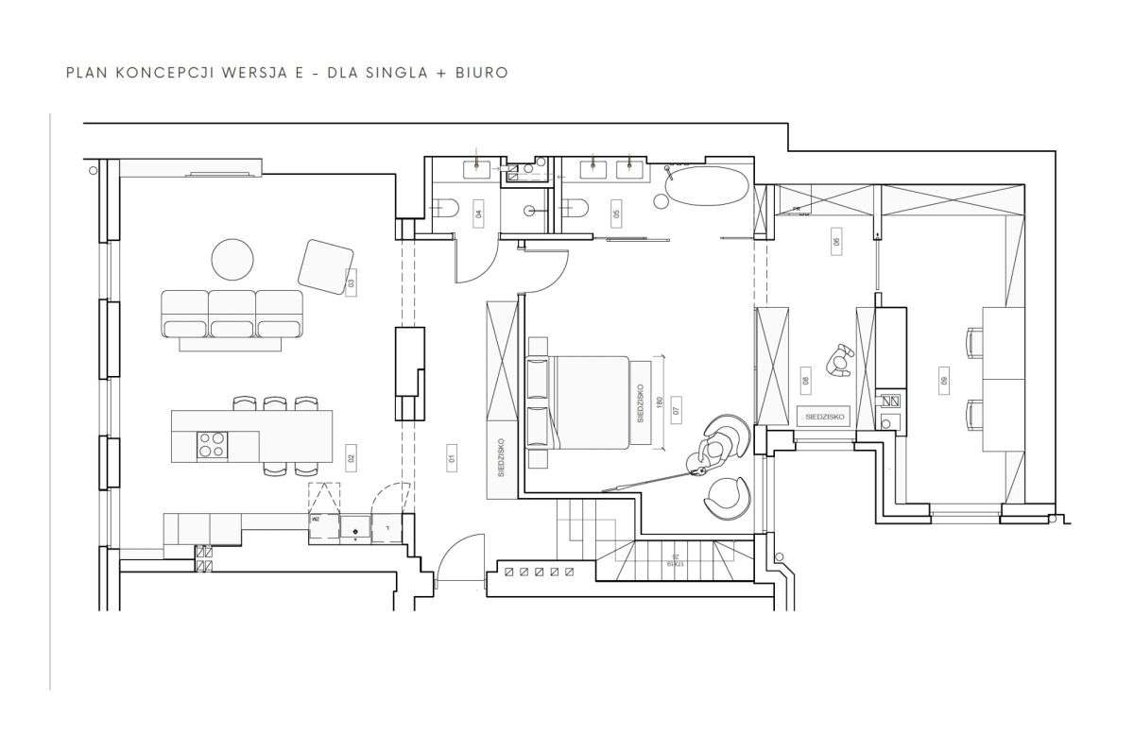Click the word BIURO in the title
pyautogui.click(x=483, y=72)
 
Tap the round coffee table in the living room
pyautogui.click(x=232, y=260)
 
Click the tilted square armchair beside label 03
pyautogui.click(x=326, y=264)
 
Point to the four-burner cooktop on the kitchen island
pyautogui.click(x=212, y=444)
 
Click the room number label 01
pyautogui.click(x=452, y=459)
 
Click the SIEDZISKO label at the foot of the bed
pyautogui.click(x=640, y=402)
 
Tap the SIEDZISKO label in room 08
pyautogui.click(x=821, y=416)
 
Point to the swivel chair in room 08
pyautogui.click(x=839, y=361)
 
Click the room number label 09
pyautogui.click(x=943, y=381)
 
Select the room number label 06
pyautogui.click(x=835, y=242)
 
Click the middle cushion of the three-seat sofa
pyautogui.click(x=232, y=314)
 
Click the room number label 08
pyautogui.click(x=805, y=382)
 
